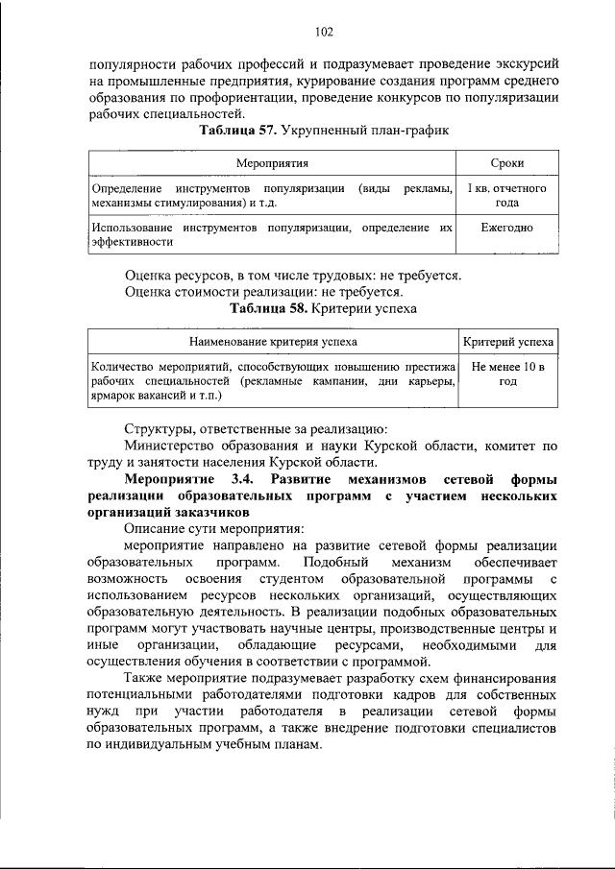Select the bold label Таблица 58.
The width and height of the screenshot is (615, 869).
click(x=267, y=308)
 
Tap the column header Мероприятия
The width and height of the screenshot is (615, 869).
click(x=272, y=165)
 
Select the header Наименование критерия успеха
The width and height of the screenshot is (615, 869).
click(x=273, y=341)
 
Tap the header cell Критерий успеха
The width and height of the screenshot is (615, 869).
click(x=507, y=341)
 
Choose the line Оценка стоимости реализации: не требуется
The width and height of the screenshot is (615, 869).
click(x=264, y=292)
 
